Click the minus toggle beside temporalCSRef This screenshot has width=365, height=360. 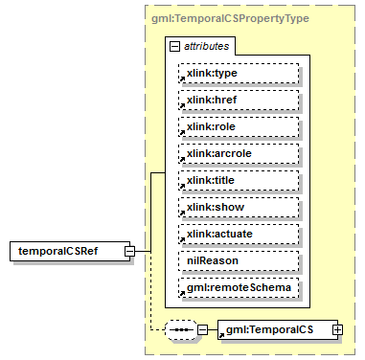[141, 252]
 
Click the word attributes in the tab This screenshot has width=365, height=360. [206, 45]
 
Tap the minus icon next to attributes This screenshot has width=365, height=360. [173, 45]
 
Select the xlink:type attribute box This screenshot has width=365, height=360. [239, 73]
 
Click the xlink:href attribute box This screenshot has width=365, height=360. [239, 100]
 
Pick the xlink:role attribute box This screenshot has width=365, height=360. [239, 126]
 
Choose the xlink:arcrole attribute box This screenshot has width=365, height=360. [239, 153]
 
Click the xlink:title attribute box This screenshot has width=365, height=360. [239, 180]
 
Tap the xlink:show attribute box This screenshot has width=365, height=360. [239, 207]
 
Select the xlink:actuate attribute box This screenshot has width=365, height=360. [239, 234]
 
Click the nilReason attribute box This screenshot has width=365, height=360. [239, 260]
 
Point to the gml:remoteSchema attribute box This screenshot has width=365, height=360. [239, 287]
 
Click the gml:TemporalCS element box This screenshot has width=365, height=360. [273, 329]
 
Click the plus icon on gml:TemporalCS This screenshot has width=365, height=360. [337, 329]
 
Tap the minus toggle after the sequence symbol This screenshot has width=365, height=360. [203, 329]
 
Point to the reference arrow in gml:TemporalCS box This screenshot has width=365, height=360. [223, 335]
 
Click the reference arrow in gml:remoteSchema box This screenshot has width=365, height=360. [182, 293]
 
